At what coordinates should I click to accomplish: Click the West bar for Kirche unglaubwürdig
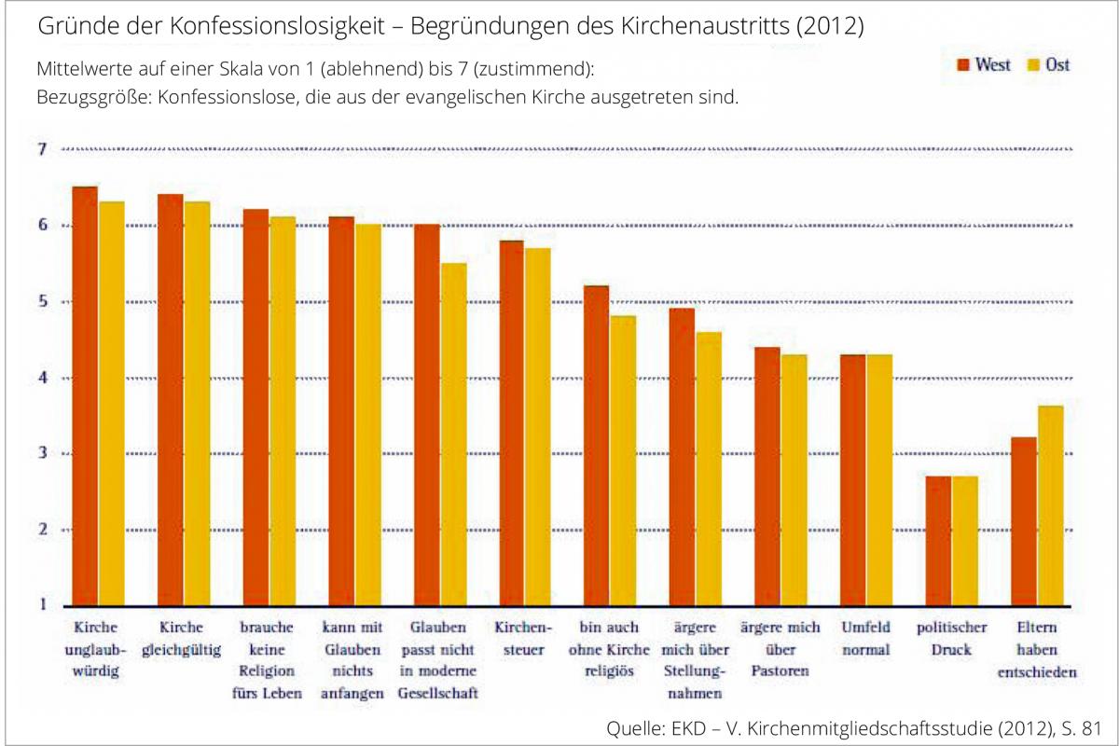85,396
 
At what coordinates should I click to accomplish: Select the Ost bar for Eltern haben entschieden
1050,505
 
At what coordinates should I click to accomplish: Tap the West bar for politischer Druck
938,541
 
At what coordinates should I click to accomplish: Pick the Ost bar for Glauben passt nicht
453,435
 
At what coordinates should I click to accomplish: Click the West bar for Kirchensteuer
512,422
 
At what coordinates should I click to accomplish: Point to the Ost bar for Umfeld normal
879,480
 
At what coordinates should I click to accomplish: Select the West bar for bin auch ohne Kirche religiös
597,446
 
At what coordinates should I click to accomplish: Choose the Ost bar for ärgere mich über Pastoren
794,480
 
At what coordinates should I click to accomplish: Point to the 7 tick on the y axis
42,149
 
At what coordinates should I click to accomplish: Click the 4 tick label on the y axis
42,378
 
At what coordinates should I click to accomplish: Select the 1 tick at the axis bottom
42,606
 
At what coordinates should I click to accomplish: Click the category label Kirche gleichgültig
182,639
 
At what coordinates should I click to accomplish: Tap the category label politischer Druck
951,639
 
